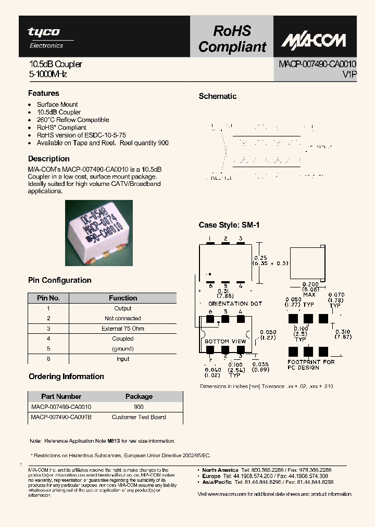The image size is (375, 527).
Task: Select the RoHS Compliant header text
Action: (x=232, y=39)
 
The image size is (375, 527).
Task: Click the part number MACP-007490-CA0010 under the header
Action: (x=318, y=64)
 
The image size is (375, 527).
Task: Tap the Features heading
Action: (x=43, y=93)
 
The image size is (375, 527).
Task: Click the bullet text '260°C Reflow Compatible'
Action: (x=73, y=120)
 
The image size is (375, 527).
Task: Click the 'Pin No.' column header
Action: (x=48, y=298)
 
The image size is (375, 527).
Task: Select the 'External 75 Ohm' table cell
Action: (x=123, y=329)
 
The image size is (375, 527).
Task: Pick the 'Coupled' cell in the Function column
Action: (x=123, y=338)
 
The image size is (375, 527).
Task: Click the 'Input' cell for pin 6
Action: (x=123, y=359)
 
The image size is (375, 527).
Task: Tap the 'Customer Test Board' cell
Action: (x=139, y=417)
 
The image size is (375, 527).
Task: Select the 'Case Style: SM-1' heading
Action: (x=229, y=225)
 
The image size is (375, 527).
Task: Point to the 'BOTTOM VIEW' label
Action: (x=225, y=342)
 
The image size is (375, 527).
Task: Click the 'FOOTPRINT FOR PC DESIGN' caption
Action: (x=311, y=365)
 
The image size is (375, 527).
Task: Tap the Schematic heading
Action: (x=218, y=96)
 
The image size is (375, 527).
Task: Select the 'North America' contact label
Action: (x=220, y=470)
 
